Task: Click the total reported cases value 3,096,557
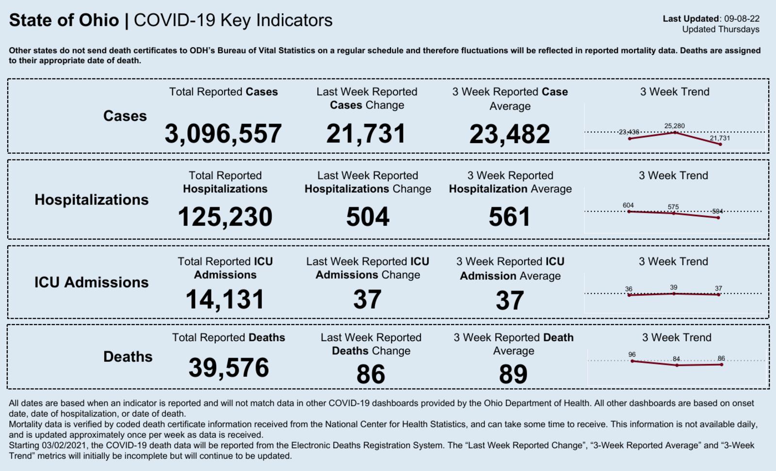pos(223,133)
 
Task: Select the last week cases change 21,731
pos(366,133)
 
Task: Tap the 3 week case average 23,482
pos(510,134)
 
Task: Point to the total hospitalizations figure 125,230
pos(225,217)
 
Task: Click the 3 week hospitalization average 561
pos(510,217)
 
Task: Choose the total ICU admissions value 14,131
pos(225,299)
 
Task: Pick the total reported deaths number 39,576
pos(228,367)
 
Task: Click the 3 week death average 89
pos(513,374)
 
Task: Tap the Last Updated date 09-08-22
pos(742,19)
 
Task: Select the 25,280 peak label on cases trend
pos(675,126)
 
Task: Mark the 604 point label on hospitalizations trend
pos(628,205)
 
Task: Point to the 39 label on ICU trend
pos(674,287)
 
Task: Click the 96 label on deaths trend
pos(632,355)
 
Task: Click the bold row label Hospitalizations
pos(92,199)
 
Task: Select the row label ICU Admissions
pos(91,282)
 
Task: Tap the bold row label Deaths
pos(128,357)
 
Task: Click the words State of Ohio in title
pos(64,20)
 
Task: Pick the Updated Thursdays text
pos(721,30)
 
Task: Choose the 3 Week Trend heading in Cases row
pos(675,92)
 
